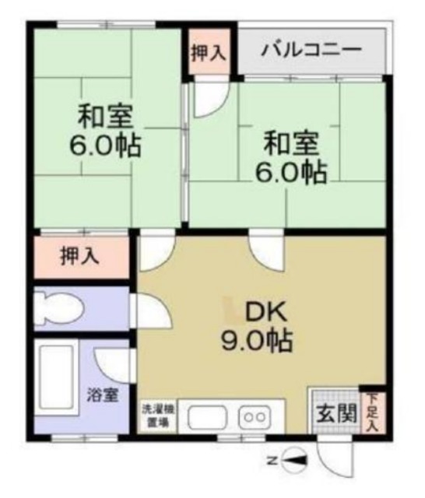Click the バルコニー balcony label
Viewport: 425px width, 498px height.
coord(311,52)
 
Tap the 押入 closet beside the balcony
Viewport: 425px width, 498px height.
coord(208,52)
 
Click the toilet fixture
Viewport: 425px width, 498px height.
coord(61,308)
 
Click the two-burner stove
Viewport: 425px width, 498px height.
coord(254,416)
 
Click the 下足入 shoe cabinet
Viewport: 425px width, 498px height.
coord(372,409)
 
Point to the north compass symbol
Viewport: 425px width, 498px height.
coord(294,461)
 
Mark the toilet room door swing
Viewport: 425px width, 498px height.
coord(152,311)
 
